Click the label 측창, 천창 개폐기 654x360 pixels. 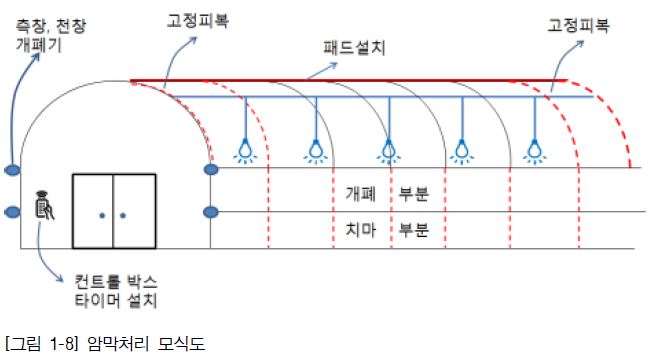pyautogui.click(x=51, y=35)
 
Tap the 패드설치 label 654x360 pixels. pyautogui.click(x=354, y=48)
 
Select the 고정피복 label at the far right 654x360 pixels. pyautogui.click(x=578, y=25)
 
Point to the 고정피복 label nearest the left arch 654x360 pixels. pyautogui.click(x=198, y=20)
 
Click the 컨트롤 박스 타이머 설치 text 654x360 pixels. pyautogui.click(x=116, y=291)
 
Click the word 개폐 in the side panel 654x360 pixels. pyautogui.click(x=361, y=194)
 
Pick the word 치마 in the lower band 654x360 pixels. pyautogui.click(x=361, y=230)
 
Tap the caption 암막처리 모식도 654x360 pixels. pyautogui.click(x=146, y=343)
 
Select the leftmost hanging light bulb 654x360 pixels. pyautogui.click(x=245, y=151)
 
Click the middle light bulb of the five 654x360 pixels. pyautogui.click(x=389, y=151)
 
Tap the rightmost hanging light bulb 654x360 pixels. pyautogui.click(x=535, y=151)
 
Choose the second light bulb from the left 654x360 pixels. pyautogui.click(x=316, y=151)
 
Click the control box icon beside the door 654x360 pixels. pyautogui.click(x=44, y=205)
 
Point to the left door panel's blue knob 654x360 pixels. pyautogui.click(x=102, y=216)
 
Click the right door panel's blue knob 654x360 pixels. pyautogui.click(x=123, y=216)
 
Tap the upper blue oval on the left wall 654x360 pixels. pyautogui.click(x=13, y=170)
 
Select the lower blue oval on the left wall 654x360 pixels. pyautogui.click(x=13, y=212)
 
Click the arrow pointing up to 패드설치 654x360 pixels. pyautogui.click(x=322, y=70)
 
